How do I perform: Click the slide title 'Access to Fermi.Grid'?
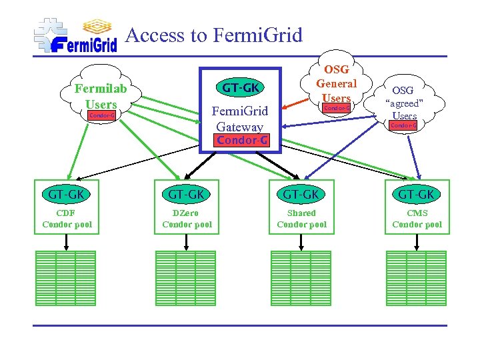(213, 35)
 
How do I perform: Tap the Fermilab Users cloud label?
(101, 96)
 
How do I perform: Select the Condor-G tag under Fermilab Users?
(101, 115)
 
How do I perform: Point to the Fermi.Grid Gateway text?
(239, 119)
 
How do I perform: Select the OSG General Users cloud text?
(336, 83)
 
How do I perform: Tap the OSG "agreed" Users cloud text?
(403, 103)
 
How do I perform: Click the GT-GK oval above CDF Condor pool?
(66, 195)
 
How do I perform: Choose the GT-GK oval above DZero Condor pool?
(186, 195)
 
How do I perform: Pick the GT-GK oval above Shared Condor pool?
(301, 195)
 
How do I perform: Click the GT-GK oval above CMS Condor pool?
(416, 195)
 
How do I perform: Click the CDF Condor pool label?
(67, 219)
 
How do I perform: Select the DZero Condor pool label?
(187, 219)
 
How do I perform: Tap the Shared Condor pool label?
(301, 219)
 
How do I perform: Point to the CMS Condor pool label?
(417, 219)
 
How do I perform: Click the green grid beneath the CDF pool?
(65, 278)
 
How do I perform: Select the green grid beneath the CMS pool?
(416, 278)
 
